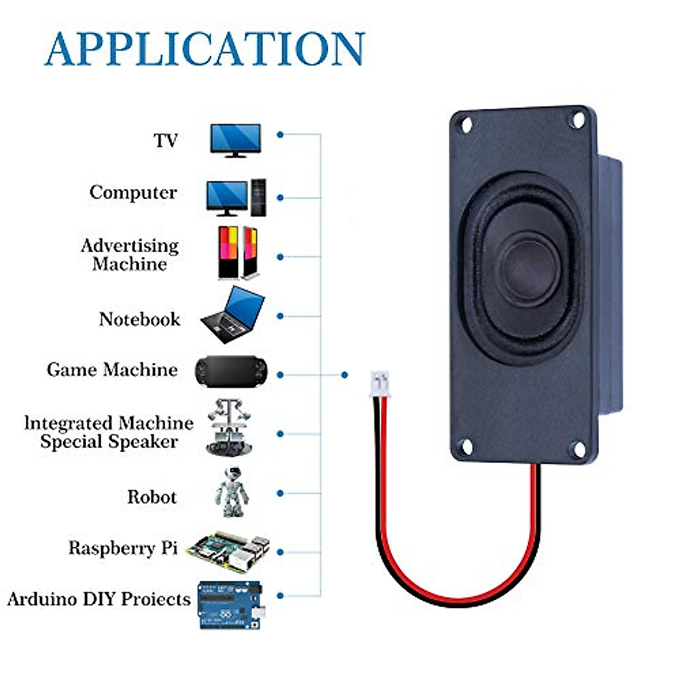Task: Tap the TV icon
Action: point(235,139)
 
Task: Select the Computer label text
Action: point(133,193)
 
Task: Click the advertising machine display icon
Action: point(238,252)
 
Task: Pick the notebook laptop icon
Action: point(233,315)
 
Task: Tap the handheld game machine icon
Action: point(231,372)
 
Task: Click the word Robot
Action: point(152,497)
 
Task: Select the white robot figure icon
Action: point(232,492)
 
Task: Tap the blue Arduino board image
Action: point(230,605)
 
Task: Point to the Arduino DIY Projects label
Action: point(99,599)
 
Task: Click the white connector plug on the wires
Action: point(380,385)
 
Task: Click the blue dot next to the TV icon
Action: point(280,135)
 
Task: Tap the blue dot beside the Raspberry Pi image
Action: point(280,552)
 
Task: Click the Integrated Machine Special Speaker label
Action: point(109,432)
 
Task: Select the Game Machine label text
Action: point(112,370)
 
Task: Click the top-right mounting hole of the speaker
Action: point(578,120)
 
